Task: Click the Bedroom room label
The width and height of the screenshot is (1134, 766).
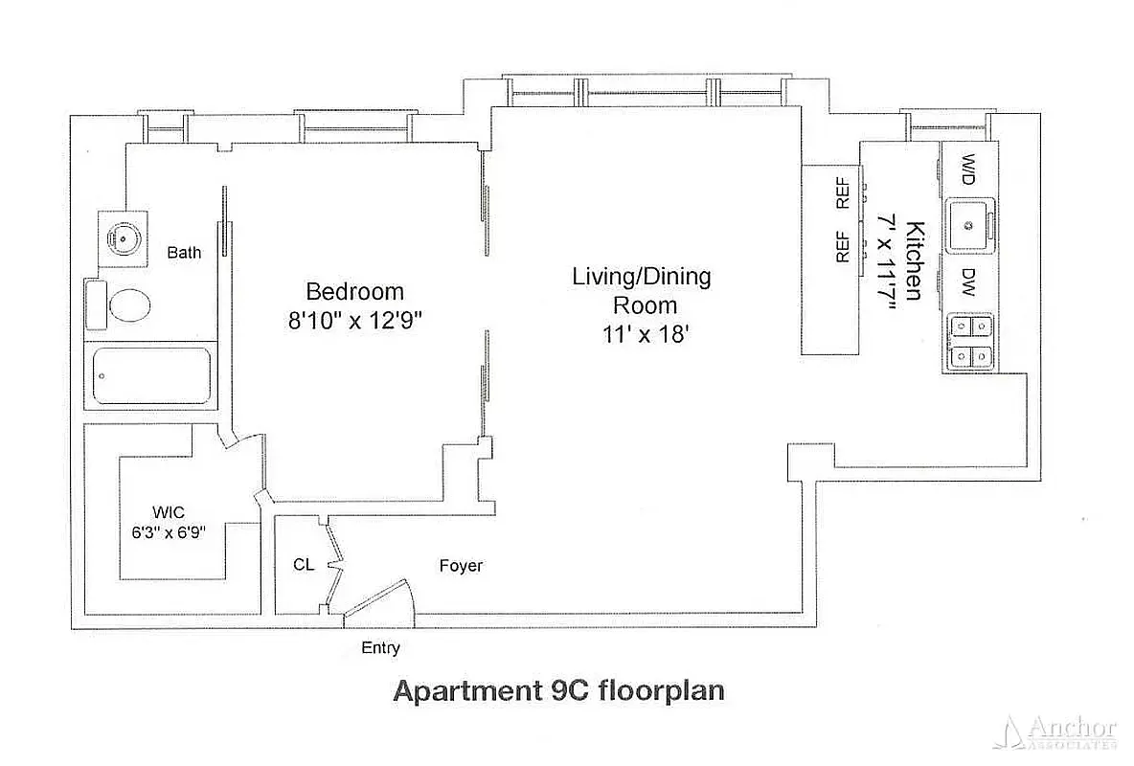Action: pyautogui.click(x=354, y=291)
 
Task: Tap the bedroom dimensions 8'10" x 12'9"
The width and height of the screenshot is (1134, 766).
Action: pyautogui.click(x=354, y=321)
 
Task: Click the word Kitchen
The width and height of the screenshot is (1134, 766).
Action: pyautogui.click(x=916, y=260)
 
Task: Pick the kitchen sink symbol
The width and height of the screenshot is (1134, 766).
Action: pyautogui.click(x=969, y=226)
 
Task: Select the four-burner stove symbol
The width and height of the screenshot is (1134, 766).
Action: pyautogui.click(x=969, y=343)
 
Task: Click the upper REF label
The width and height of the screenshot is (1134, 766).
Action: pyautogui.click(x=843, y=194)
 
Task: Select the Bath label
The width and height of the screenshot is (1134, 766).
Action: pyautogui.click(x=184, y=253)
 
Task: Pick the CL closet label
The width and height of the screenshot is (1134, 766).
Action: pyautogui.click(x=303, y=565)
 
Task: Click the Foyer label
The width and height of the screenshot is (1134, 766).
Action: pyautogui.click(x=461, y=566)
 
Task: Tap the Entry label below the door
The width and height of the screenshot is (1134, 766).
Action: pyautogui.click(x=380, y=648)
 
